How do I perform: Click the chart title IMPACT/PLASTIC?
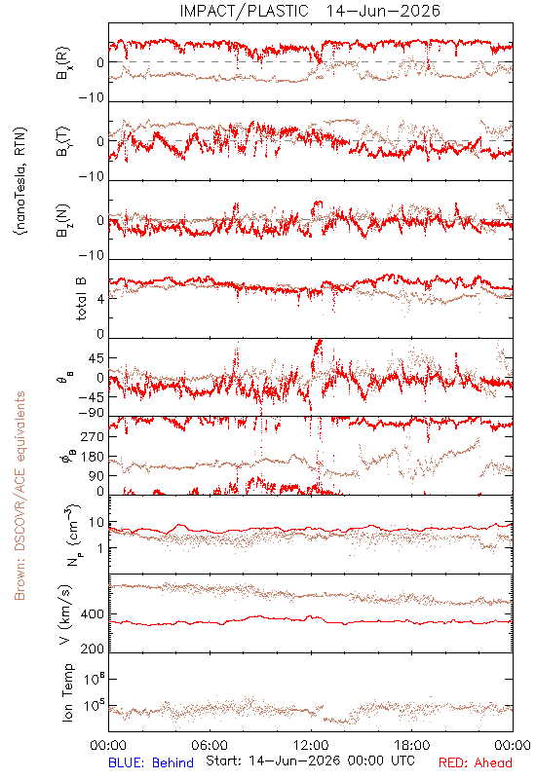pyautogui.click(x=244, y=11)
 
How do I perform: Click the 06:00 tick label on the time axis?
pyautogui.click(x=210, y=745)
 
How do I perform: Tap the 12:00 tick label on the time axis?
pyautogui.click(x=311, y=745)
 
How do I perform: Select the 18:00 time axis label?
pyautogui.click(x=412, y=745)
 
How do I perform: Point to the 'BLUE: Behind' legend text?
pyautogui.click(x=151, y=762)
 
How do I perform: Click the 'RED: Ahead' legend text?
pyautogui.click(x=476, y=762)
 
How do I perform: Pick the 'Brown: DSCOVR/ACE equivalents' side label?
pyautogui.click(x=19, y=496)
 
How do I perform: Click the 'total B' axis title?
pyautogui.click(x=81, y=299)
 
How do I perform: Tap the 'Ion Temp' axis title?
pyautogui.click(x=67, y=692)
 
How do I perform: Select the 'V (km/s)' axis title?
pyautogui.click(x=65, y=614)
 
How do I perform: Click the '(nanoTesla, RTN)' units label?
pyautogui.click(x=20, y=181)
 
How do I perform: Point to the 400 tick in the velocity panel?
pyautogui.click(x=93, y=614)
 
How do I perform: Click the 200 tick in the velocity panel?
pyautogui.click(x=93, y=649)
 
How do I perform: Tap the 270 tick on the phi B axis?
pyautogui.click(x=93, y=436)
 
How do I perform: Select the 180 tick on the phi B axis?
pyautogui.click(x=93, y=457)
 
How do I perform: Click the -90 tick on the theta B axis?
pyautogui.click(x=92, y=413)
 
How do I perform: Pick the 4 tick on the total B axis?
pyautogui.click(x=101, y=299)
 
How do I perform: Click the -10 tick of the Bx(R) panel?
pyautogui.click(x=92, y=98)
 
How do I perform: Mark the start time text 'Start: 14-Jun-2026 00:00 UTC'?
pyautogui.click(x=310, y=760)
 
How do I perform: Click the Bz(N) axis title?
pyautogui.click(x=63, y=220)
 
